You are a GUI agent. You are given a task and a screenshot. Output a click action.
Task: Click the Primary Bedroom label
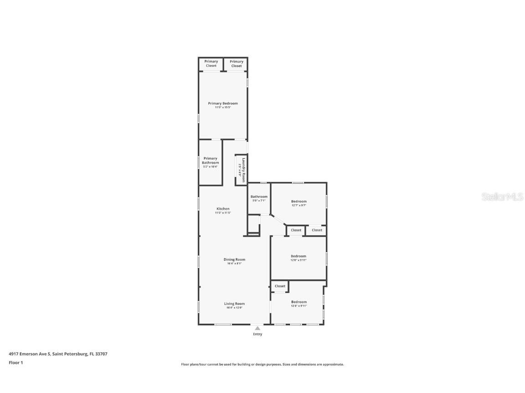(x=223, y=103)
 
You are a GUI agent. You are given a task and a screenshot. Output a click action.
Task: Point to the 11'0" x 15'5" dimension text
(x=223, y=107)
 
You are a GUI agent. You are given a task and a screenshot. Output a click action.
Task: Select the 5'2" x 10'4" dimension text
(x=211, y=166)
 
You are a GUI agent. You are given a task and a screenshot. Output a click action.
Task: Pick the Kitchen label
(x=223, y=209)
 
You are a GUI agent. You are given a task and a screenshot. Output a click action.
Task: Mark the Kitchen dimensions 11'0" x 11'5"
(x=223, y=213)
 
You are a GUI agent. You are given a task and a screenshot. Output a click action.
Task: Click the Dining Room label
(x=234, y=259)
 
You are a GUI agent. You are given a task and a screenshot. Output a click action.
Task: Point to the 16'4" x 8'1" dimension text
(x=234, y=263)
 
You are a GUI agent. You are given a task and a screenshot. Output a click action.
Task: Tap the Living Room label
(x=234, y=303)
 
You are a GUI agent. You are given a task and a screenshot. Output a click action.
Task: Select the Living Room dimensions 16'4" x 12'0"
(x=234, y=307)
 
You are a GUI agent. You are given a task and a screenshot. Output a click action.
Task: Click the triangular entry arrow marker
(x=257, y=328)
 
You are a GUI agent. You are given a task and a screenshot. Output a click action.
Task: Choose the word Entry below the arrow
(x=257, y=334)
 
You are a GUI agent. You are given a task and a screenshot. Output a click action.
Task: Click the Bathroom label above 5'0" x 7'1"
(x=259, y=196)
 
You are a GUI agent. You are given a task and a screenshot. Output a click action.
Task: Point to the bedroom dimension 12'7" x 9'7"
(x=299, y=205)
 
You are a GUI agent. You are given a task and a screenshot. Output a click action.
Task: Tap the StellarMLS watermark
(x=502, y=196)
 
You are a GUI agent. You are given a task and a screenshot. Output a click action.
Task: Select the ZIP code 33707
(x=101, y=353)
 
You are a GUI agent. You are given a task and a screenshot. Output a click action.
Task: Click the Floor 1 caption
(x=15, y=363)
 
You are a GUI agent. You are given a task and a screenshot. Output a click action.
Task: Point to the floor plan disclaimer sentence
(x=262, y=364)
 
